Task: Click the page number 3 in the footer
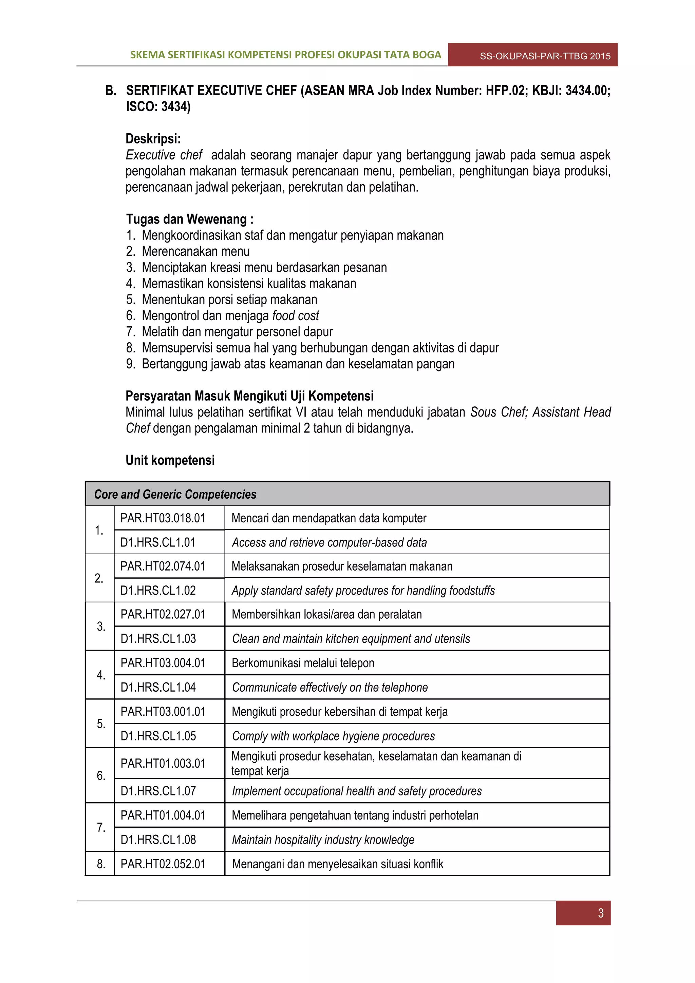600,913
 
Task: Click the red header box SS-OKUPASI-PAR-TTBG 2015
545,56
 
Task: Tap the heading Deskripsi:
153,139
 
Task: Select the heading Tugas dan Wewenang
189,219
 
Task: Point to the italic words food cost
296,315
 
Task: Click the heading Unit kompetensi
170,460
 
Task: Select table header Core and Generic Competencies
175,495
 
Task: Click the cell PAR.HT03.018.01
163,518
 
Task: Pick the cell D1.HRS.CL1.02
158,591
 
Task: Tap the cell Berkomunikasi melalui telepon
303,663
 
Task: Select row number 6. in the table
101,775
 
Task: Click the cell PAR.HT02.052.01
163,864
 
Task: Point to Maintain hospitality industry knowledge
323,840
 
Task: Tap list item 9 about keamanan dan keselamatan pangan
298,364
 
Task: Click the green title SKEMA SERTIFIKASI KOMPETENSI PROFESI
285,55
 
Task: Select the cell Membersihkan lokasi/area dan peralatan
326,614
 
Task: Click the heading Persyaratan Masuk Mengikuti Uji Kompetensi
249,396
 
